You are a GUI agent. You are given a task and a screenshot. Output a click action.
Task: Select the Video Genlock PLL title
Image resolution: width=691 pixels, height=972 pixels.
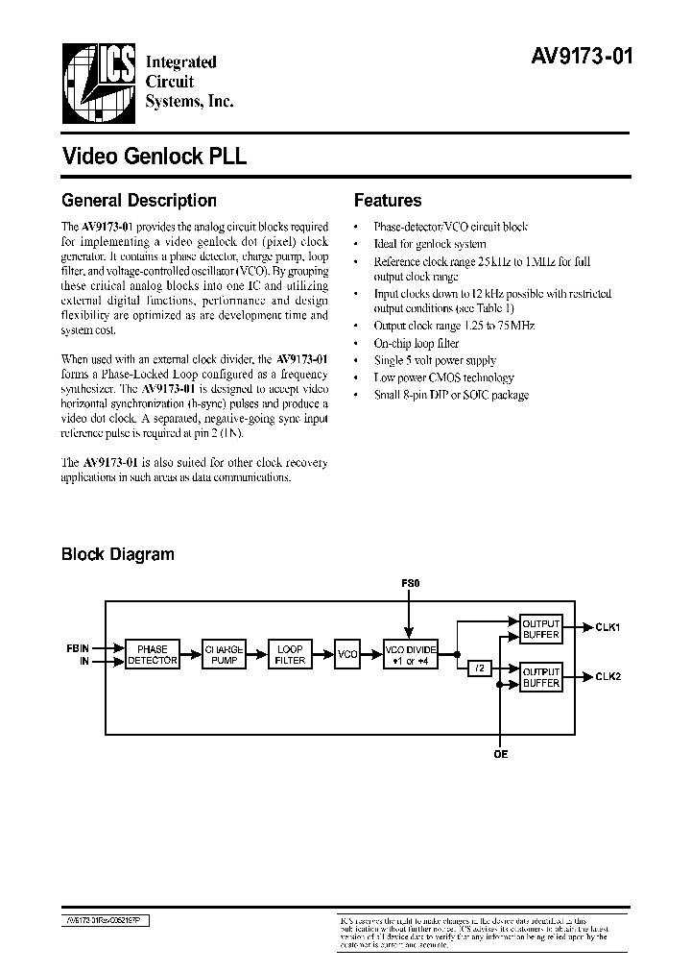pyautogui.click(x=154, y=157)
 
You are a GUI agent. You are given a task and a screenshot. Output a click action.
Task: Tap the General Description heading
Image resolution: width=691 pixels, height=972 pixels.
pyautogui.click(x=139, y=201)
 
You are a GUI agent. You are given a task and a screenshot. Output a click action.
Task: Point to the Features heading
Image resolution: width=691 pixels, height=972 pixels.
pyautogui.click(x=388, y=201)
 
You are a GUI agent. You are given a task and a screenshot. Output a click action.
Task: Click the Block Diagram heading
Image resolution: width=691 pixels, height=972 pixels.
pyautogui.click(x=117, y=554)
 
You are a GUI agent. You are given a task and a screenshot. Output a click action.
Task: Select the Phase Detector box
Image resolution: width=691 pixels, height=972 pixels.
pyautogui.click(x=152, y=655)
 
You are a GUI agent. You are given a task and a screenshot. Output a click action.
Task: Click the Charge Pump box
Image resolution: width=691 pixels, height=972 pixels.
pyautogui.click(x=225, y=655)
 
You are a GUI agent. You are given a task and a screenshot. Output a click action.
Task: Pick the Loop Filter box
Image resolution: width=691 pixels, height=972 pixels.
pyautogui.click(x=290, y=655)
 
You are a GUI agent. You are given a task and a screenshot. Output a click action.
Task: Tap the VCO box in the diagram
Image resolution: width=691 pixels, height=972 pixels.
pyautogui.click(x=347, y=655)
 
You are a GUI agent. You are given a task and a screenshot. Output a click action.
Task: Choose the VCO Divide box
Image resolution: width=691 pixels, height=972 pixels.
pyautogui.click(x=410, y=655)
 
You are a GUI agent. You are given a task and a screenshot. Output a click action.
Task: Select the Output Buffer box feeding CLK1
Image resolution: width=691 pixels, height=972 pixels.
pyautogui.click(x=539, y=629)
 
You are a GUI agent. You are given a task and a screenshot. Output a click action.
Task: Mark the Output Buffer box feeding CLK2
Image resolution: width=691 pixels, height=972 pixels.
pyautogui.click(x=539, y=678)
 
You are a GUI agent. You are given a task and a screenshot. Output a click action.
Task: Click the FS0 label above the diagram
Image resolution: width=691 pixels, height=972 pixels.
pyautogui.click(x=410, y=583)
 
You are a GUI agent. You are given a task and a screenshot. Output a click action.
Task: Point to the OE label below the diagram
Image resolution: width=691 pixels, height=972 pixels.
pyautogui.click(x=500, y=755)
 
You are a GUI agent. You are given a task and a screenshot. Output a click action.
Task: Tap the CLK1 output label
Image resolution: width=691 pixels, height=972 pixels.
pyautogui.click(x=608, y=628)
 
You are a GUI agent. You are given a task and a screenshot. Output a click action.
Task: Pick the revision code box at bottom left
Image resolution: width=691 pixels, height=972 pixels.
pyautogui.click(x=105, y=919)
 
